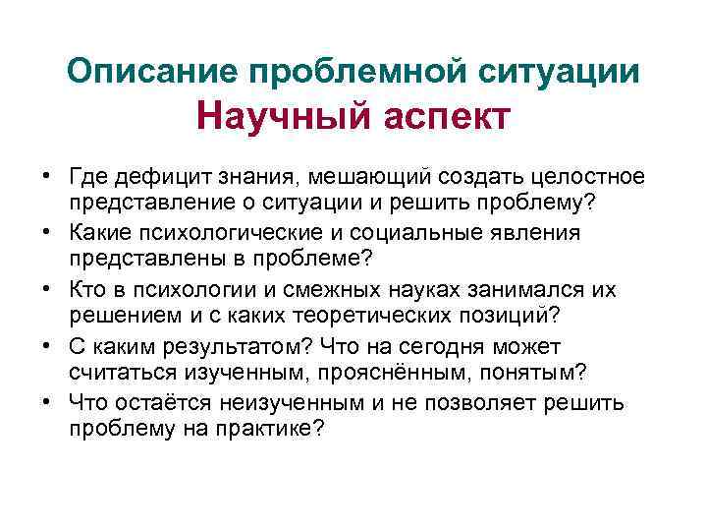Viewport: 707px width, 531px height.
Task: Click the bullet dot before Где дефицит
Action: tap(46, 176)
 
